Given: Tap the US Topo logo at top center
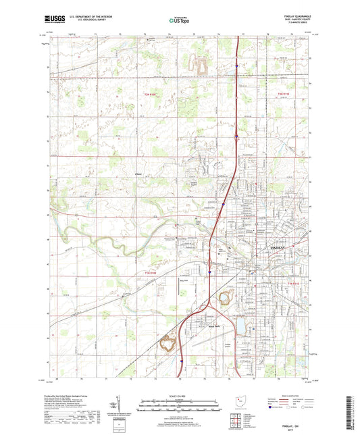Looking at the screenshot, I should (x=178, y=21).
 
